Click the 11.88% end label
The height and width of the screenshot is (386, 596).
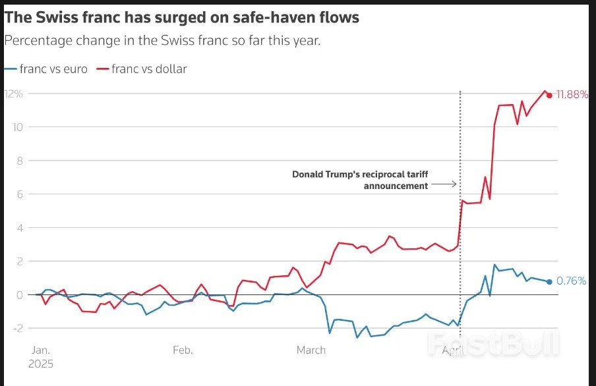[572, 95]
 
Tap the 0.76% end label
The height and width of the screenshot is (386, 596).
[572, 281]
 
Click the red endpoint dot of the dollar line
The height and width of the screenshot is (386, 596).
[549, 95]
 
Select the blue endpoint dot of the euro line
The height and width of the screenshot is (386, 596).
[549, 282]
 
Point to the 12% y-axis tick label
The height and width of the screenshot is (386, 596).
[14, 94]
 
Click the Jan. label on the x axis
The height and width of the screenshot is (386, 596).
[41, 350]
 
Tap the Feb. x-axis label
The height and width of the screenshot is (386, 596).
[182, 350]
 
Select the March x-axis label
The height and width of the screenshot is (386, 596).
[311, 350]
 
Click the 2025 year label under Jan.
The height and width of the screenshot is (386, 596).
[42, 364]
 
